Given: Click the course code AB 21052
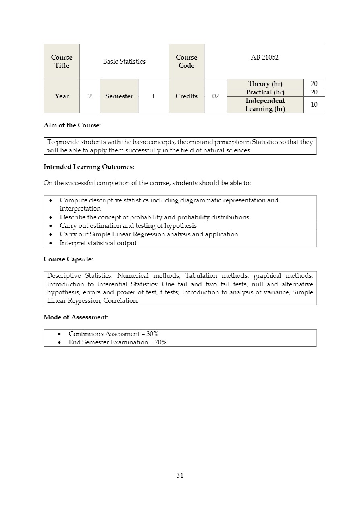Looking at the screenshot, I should [264, 58].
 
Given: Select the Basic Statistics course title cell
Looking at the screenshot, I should [124, 62].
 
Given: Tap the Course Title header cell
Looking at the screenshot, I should [62, 62].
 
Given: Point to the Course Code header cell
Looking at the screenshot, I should [186, 62].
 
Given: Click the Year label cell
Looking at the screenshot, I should [62, 96].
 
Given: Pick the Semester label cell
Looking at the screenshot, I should [119, 96].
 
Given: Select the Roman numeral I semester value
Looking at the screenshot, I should [153, 96].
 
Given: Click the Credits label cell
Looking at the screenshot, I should [186, 96].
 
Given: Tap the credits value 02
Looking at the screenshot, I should [216, 96].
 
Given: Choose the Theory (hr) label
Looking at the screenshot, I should [265, 84].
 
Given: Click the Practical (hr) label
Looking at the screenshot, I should [265, 92].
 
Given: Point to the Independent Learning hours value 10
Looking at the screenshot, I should [314, 105].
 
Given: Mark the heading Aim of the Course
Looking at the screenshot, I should [72, 125].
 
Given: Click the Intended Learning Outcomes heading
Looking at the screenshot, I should [89, 167].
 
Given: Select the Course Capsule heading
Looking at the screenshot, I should [68, 259].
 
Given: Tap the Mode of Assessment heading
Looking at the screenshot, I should [76, 317].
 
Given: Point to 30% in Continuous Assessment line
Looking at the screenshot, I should [152, 334].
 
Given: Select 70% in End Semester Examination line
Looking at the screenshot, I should [160, 342].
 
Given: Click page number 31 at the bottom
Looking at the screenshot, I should [180, 475].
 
